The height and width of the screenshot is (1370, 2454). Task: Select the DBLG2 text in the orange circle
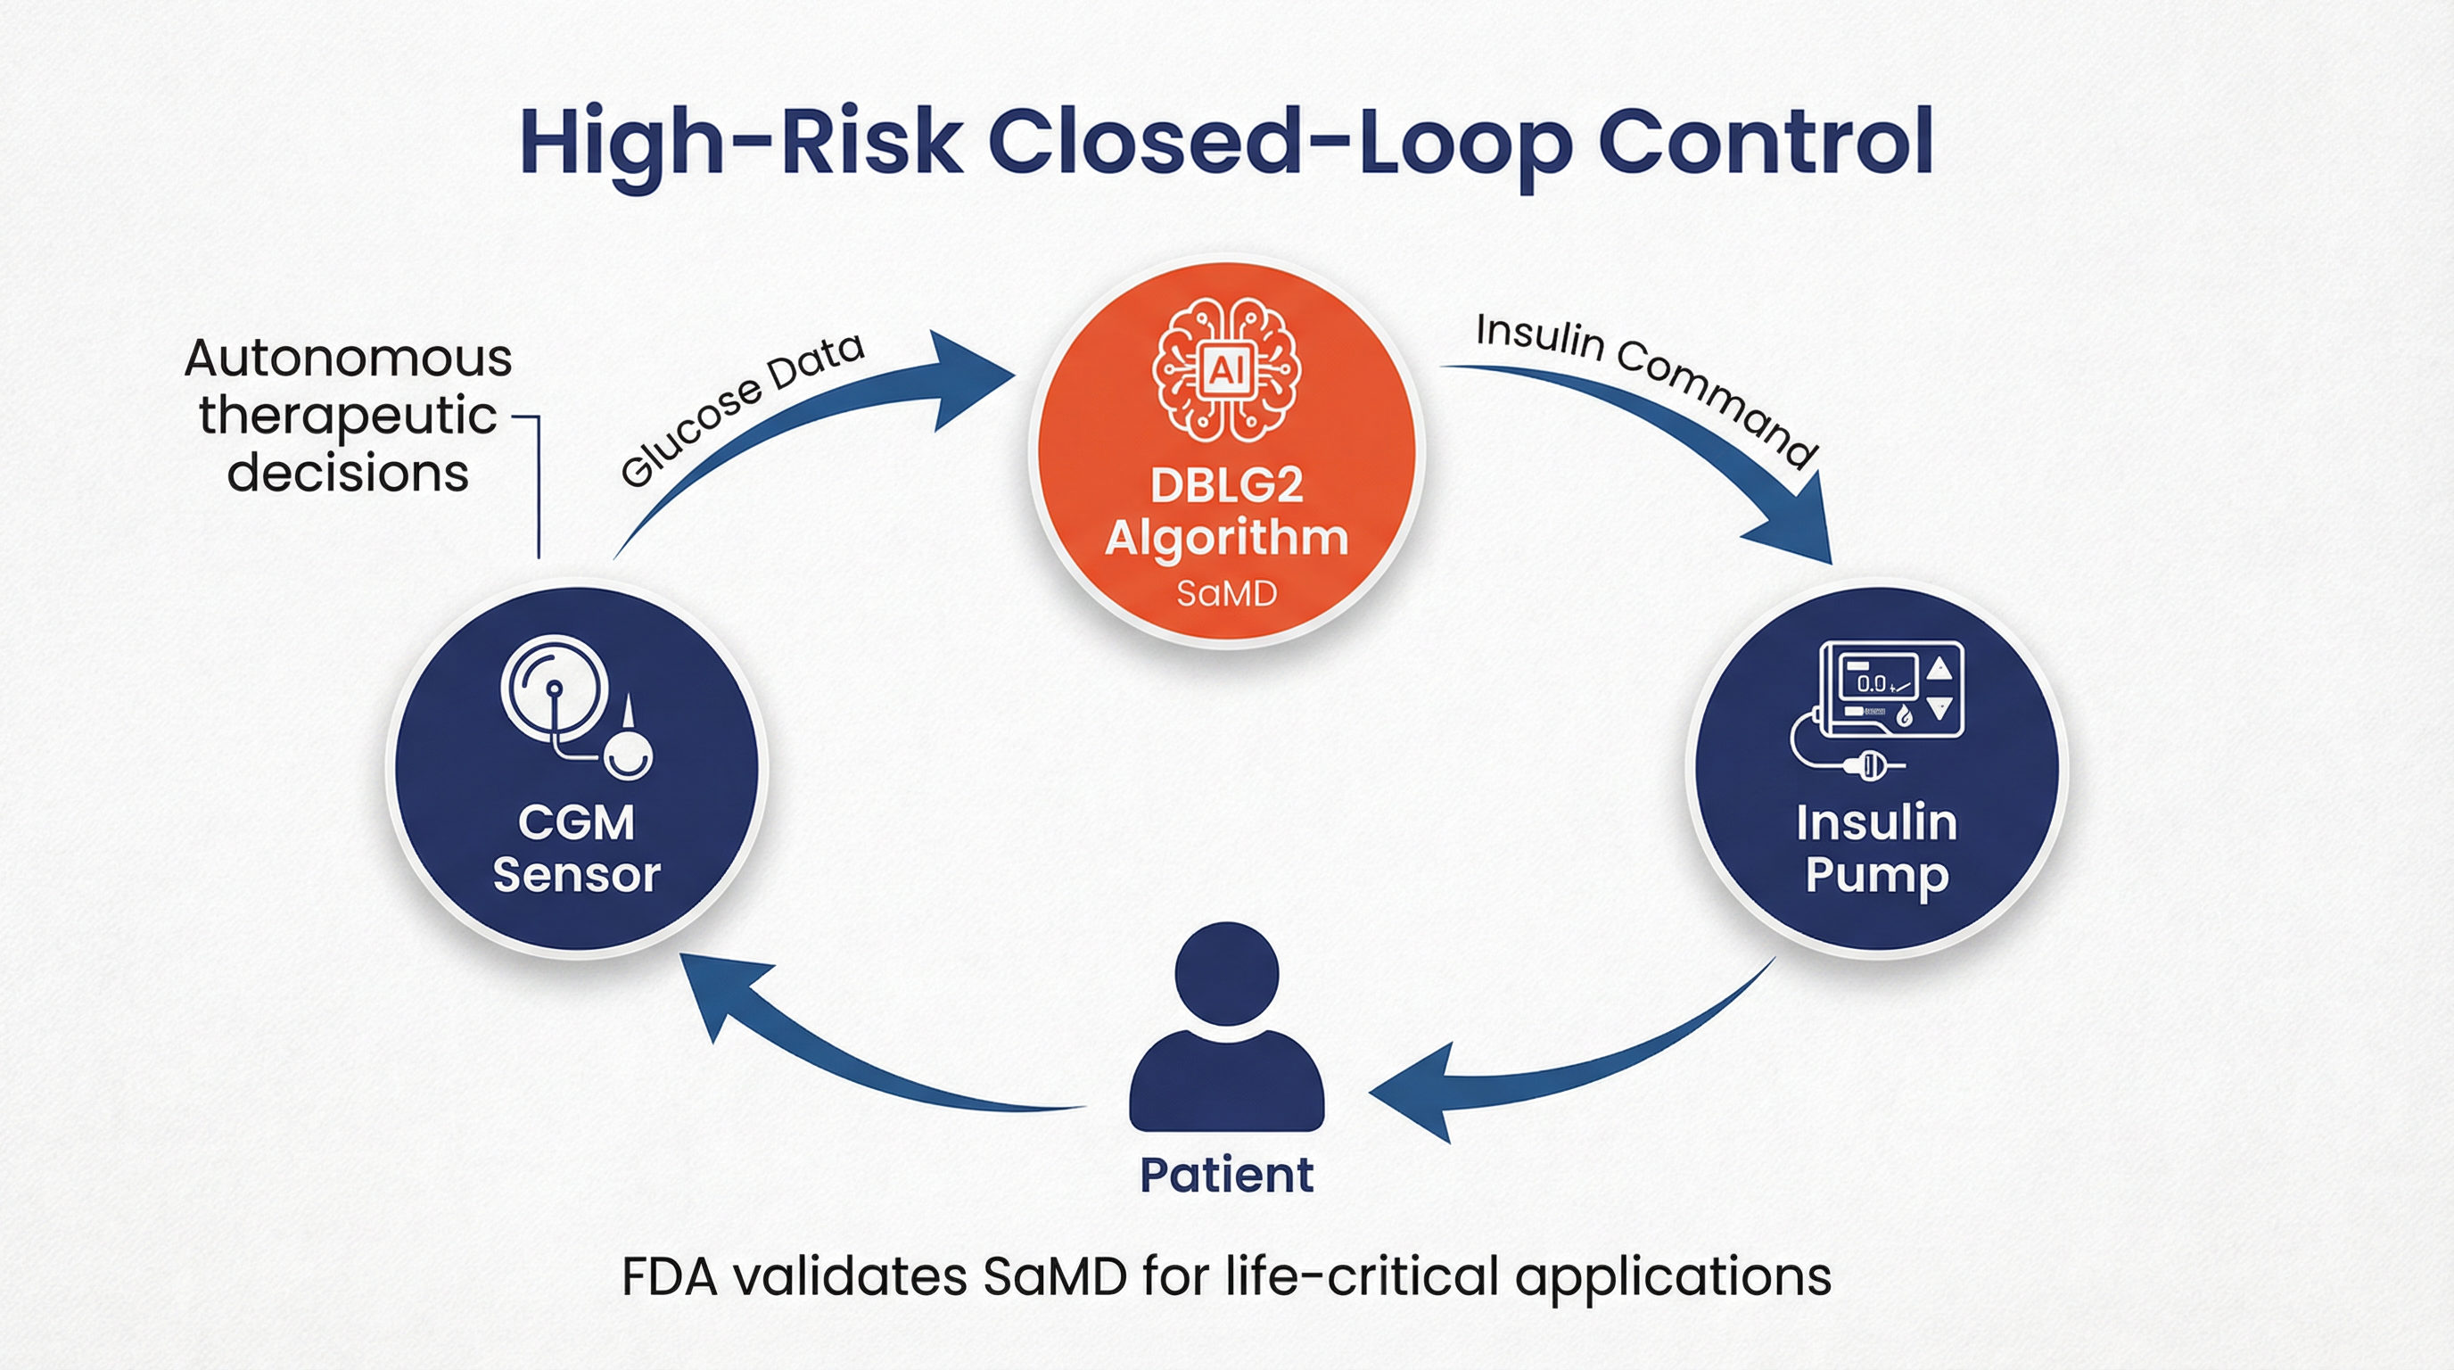(1226, 486)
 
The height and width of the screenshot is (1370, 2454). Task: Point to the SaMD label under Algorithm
(1226, 593)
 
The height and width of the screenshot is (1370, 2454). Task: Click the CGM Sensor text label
(576, 848)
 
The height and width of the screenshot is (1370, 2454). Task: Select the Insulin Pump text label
(1876, 848)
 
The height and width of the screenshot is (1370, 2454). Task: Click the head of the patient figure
(1226, 973)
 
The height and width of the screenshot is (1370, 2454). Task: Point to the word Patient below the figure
(1226, 1175)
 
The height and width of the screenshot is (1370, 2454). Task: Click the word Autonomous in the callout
(349, 359)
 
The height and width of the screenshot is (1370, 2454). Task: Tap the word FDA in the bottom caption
(669, 1276)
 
